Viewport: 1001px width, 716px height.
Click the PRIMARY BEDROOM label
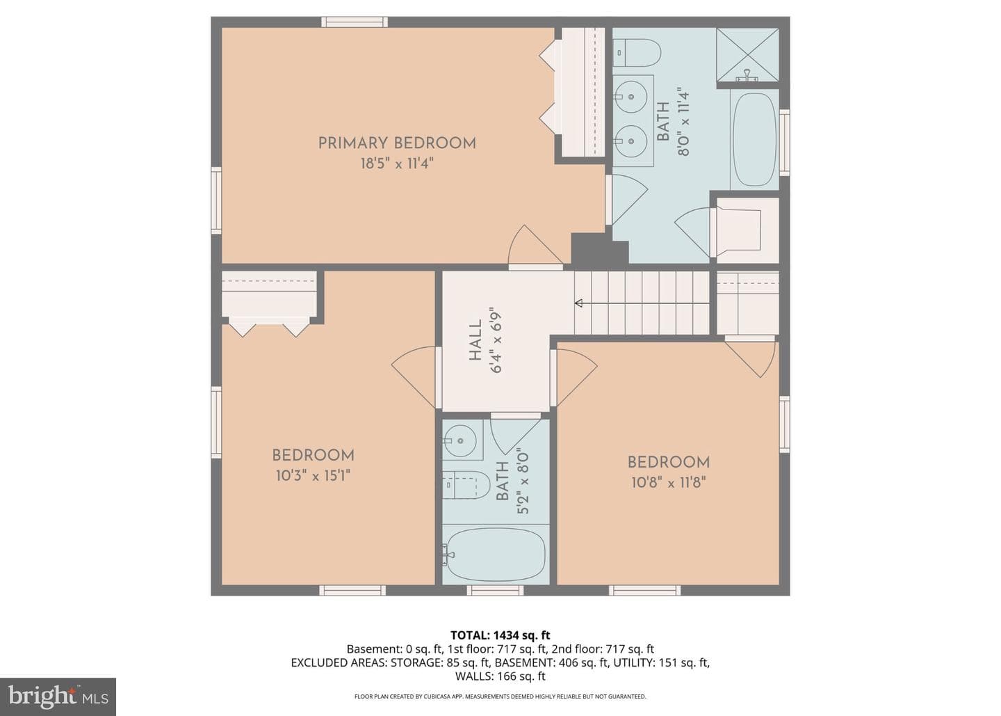[x=397, y=143]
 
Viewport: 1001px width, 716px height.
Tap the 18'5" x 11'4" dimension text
[x=398, y=164]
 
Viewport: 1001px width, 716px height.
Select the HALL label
[x=475, y=340]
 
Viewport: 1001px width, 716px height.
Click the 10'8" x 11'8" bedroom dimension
[x=669, y=483]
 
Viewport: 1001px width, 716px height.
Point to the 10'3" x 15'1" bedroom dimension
[x=313, y=476]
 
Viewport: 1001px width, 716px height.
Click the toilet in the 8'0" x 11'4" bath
[x=636, y=52]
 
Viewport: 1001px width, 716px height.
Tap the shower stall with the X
[x=748, y=55]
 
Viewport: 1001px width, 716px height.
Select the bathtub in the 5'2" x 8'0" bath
[x=496, y=555]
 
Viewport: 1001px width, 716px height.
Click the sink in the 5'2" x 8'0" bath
[x=460, y=440]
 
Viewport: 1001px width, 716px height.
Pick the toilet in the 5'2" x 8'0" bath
[x=466, y=485]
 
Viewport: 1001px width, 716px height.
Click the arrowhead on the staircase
[x=578, y=303]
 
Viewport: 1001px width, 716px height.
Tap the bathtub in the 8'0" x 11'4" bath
[x=755, y=139]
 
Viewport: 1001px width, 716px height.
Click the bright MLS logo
[x=58, y=697]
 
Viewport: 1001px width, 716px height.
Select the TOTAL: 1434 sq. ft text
[x=500, y=635]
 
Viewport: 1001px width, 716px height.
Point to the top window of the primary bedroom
[x=355, y=22]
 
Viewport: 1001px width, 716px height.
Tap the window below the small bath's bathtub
[x=495, y=590]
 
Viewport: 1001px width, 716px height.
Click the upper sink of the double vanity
[x=630, y=97]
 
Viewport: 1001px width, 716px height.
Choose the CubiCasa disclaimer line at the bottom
[x=500, y=697]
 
